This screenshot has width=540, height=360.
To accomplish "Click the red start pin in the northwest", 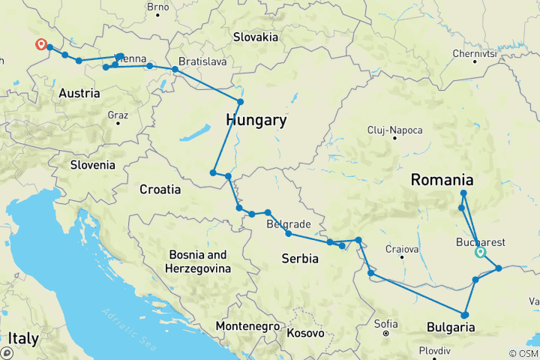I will coord(40,44).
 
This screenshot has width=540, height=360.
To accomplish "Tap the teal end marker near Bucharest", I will coord(480,253).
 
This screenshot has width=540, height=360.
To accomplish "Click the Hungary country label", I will coord(256,120).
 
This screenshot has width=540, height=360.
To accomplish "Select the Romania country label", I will coord(442,180).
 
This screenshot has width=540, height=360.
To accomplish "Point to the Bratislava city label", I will coord(202,61).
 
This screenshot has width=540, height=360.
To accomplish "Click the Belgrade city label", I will coord(289,223).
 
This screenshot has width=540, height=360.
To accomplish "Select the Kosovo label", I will coord(304,332).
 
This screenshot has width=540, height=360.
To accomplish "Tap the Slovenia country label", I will coord(92,164).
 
